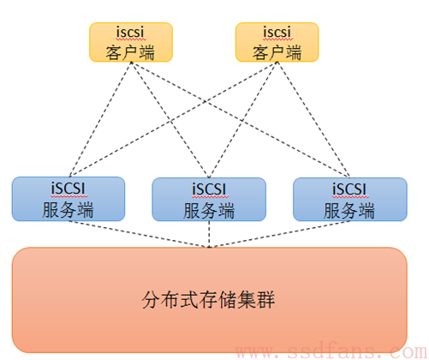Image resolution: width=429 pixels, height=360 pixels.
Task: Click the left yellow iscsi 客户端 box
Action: [x=131, y=42]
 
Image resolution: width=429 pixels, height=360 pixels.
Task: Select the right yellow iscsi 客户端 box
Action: [x=277, y=42]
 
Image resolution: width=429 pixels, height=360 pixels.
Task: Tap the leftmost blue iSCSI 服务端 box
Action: [x=69, y=199]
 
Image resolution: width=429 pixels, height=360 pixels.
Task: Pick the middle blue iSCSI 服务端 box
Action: [x=209, y=200]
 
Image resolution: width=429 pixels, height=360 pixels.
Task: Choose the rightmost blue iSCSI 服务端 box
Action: [x=350, y=200]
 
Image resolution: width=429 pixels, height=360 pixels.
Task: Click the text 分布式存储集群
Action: [x=208, y=300]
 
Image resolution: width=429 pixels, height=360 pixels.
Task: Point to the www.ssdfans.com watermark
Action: [x=331, y=351]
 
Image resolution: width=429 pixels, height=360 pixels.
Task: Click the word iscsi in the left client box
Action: [x=130, y=32]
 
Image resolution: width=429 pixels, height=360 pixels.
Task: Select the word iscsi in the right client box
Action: [x=277, y=32]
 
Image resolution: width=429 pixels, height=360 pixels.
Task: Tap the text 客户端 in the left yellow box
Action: [x=130, y=52]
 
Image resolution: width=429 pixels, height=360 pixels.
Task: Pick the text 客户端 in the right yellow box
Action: [x=277, y=52]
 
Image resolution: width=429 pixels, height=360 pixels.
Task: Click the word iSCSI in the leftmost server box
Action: [x=69, y=189]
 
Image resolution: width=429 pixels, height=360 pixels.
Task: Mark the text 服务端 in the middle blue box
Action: [x=209, y=211]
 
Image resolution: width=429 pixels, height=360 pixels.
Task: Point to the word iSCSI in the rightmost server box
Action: [x=349, y=189]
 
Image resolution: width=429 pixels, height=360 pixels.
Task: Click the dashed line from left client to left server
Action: [x=100, y=119]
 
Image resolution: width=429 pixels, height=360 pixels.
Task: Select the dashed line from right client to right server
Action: [x=313, y=119]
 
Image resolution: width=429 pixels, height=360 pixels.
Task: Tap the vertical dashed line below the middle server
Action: [x=209, y=234]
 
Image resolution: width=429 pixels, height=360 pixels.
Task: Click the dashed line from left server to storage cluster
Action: [x=139, y=234]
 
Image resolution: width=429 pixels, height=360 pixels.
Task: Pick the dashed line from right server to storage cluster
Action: [x=280, y=234]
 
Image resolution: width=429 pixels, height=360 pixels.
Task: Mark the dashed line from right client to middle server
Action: [x=243, y=120]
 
